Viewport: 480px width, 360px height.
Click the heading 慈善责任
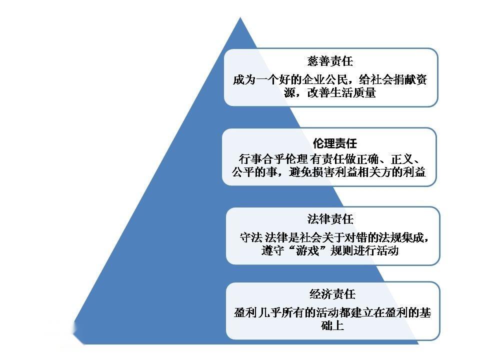pyautogui.click(x=330, y=61)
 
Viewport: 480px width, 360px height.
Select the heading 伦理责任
pyautogui.click(x=335, y=143)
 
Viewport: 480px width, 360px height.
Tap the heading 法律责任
pyautogui.click(x=330, y=219)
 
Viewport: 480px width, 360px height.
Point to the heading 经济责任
pyautogui.click(x=332, y=294)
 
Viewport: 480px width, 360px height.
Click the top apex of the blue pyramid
pyautogui.click(x=240, y=17)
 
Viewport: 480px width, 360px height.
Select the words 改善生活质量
pyautogui.click(x=341, y=92)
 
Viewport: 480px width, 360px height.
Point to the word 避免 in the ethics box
pyautogui.click(x=300, y=172)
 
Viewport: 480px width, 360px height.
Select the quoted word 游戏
pyautogui.click(x=307, y=250)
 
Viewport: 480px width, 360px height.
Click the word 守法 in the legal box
pyautogui.click(x=251, y=237)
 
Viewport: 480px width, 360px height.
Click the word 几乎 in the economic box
pyautogui.click(x=269, y=313)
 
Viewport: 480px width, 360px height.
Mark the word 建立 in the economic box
pyautogui.click(x=361, y=313)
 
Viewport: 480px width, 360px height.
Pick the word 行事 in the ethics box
pyautogui.click(x=250, y=159)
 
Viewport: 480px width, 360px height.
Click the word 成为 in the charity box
pyautogui.click(x=244, y=80)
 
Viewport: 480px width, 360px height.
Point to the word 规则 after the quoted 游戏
pyautogui.click(x=341, y=250)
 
